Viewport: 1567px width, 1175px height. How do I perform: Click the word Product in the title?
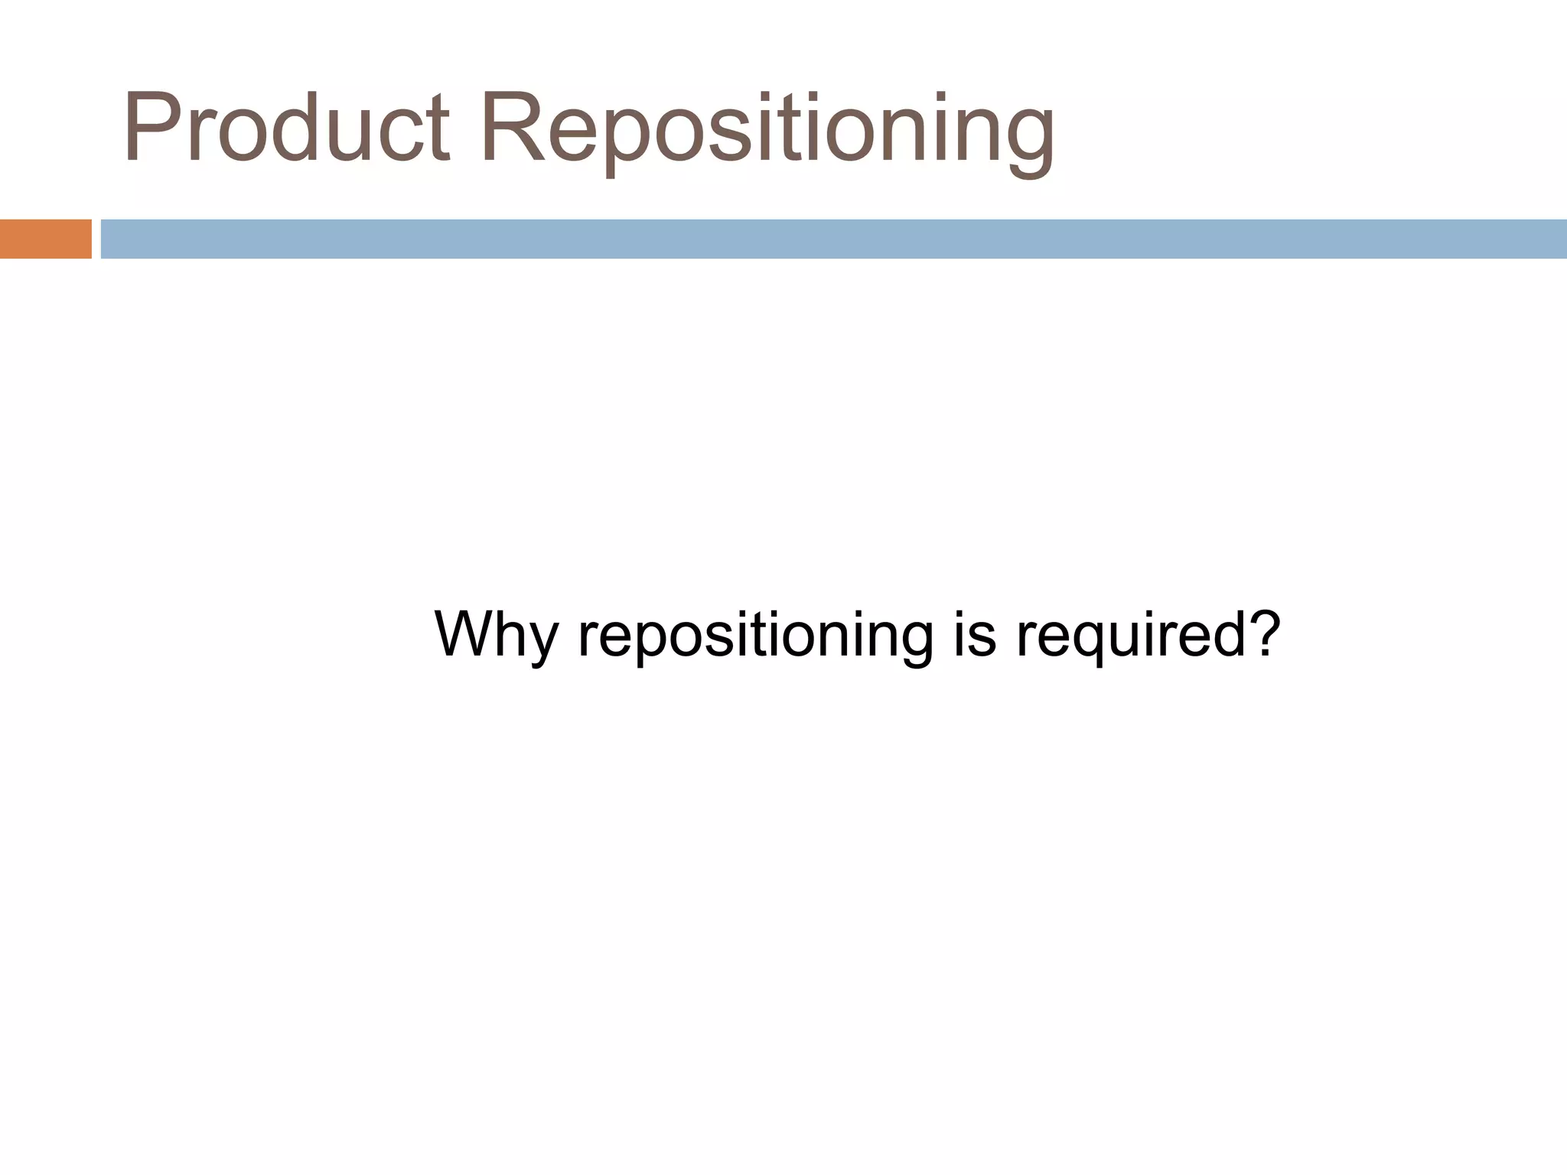coord(285,129)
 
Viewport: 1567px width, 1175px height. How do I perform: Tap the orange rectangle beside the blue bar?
coord(45,239)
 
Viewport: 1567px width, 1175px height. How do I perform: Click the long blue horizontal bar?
coord(833,239)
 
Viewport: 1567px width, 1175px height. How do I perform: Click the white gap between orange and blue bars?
coord(96,239)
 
